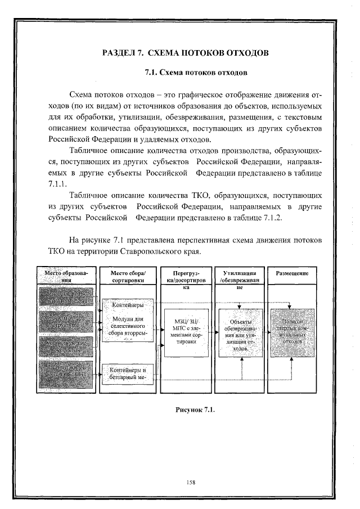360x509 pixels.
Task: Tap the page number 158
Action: [189, 481]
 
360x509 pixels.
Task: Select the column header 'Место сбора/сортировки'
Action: [129, 276]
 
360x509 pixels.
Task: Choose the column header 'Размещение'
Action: [292, 273]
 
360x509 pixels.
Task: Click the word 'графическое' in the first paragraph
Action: [192, 93]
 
